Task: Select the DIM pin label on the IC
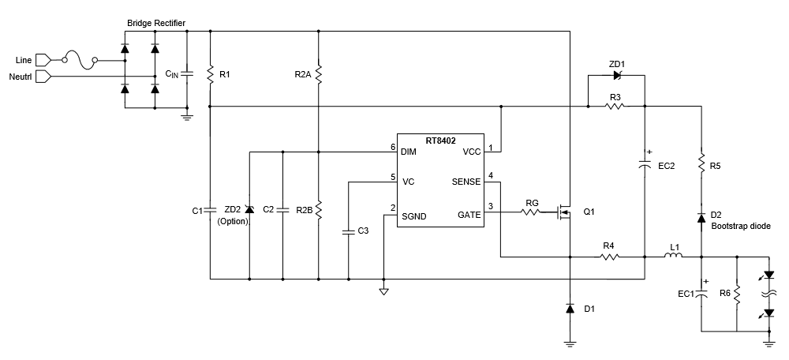[x=408, y=151]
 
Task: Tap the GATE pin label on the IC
[x=468, y=214]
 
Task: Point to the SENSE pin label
[x=465, y=182]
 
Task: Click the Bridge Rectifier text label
[x=156, y=24]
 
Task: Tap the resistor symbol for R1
[x=211, y=74]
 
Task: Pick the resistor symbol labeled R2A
[x=318, y=74]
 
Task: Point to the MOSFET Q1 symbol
[x=563, y=212]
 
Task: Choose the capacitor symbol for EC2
[x=645, y=166]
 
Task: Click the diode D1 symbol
[x=570, y=309]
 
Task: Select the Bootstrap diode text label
[x=739, y=226]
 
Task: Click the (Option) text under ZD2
[x=233, y=222]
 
